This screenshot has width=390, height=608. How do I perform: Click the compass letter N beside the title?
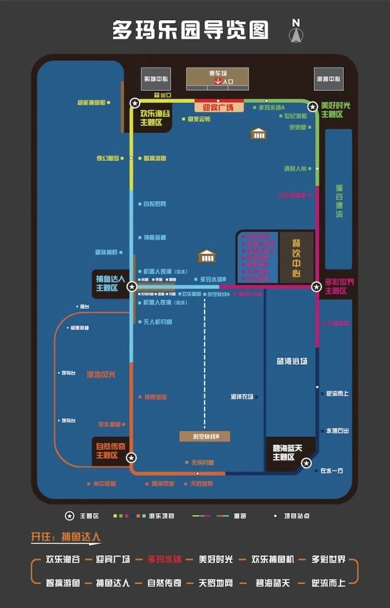[x=296, y=23]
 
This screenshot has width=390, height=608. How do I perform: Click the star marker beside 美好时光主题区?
[x=313, y=106]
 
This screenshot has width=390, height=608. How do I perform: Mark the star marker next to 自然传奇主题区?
[x=131, y=458]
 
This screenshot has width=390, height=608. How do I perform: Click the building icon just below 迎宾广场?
[x=258, y=133]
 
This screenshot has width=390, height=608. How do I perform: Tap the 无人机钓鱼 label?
[x=157, y=322]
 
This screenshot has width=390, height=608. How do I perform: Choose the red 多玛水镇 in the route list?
[x=165, y=559]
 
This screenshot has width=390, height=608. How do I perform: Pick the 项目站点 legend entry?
[x=296, y=516]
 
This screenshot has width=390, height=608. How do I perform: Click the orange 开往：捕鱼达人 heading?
[x=66, y=537]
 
